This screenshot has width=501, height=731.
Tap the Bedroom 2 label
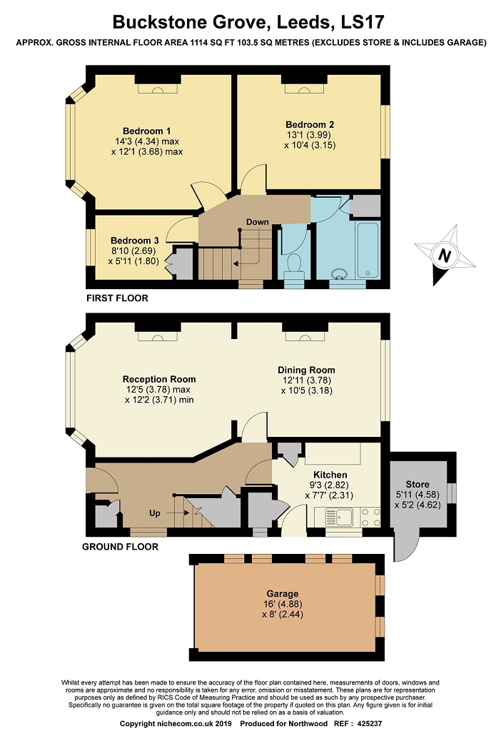point(310,124)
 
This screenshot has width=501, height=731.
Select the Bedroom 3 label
point(135,241)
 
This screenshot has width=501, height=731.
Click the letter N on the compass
point(445,255)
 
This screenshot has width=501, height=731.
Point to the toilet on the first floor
point(293,266)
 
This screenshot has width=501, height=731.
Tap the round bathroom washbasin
point(340,273)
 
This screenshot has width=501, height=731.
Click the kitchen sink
point(340,517)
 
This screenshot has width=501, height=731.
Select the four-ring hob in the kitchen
point(371,517)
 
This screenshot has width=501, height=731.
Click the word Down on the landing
point(257,222)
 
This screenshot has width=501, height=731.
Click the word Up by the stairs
point(155,513)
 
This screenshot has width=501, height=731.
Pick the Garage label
point(283,593)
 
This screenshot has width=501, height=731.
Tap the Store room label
point(417,484)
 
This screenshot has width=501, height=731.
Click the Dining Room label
point(306,370)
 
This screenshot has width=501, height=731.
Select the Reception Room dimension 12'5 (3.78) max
point(158,390)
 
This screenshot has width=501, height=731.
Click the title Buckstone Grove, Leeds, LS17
point(248,22)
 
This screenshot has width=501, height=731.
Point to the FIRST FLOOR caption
point(117,298)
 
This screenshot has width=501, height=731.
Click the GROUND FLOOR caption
point(120,546)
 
